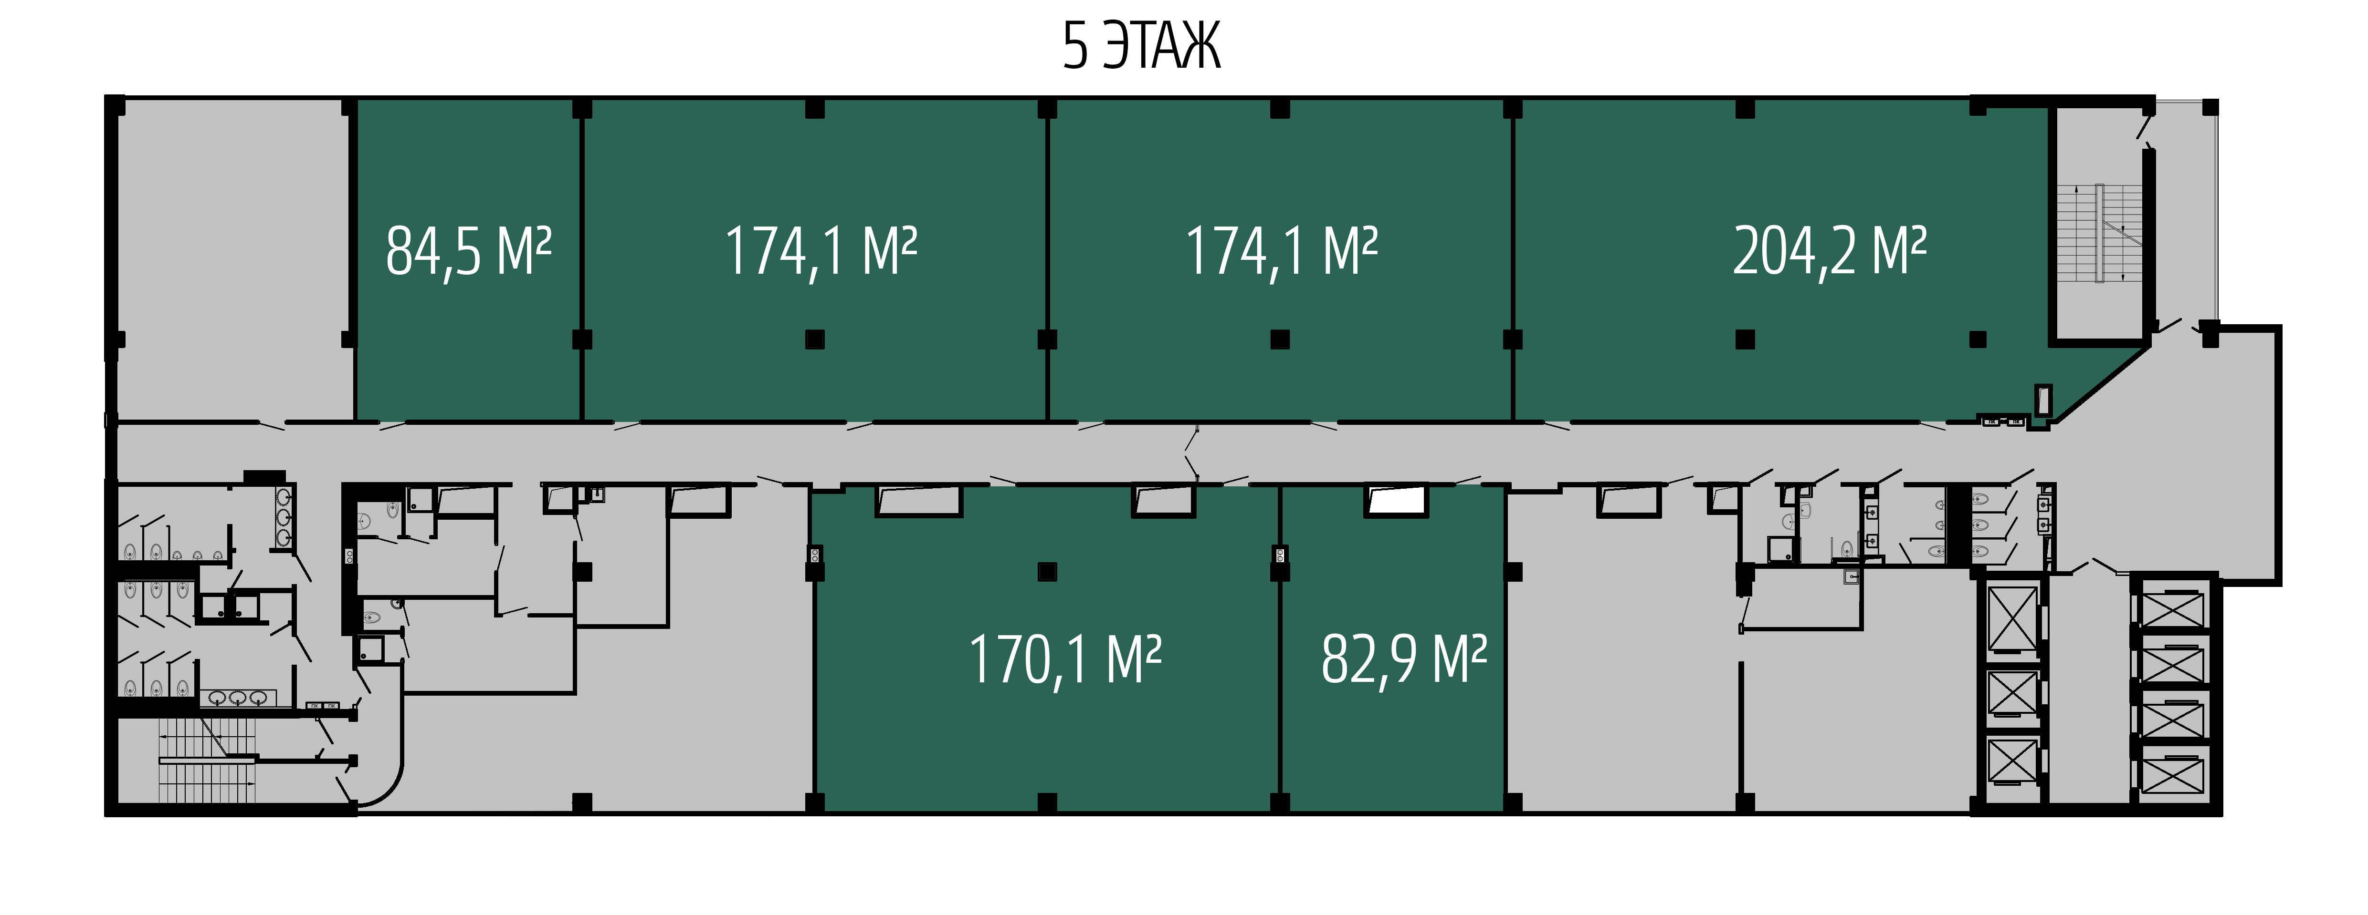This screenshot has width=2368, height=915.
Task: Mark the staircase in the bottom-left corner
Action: [x=207, y=759]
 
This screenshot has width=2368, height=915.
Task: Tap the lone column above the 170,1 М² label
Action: [x=1047, y=571]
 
